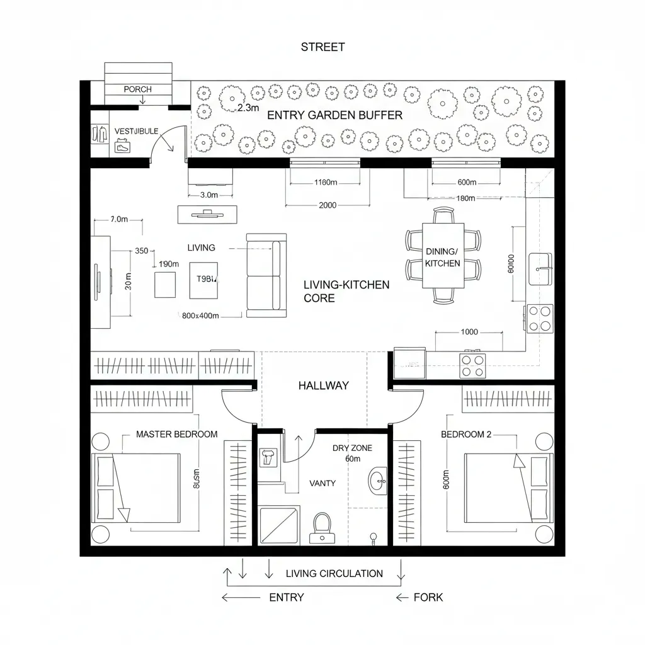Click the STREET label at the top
point(322,47)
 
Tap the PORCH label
point(137,89)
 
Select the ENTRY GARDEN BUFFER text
point(334,115)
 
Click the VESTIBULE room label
point(136,131)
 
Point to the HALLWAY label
point(323,385)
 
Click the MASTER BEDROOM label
point(176,435)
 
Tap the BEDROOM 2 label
point(466,435)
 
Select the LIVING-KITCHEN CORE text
point(346,292)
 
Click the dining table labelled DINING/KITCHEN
point(443,256)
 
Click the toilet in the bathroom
point(322,528)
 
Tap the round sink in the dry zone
point(379,481)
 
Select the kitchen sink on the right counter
point(540,261)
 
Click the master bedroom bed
point(137,488)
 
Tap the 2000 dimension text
point(328,205)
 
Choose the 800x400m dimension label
point(200,316)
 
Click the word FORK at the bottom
point(428,597)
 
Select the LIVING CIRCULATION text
point(334,573)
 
